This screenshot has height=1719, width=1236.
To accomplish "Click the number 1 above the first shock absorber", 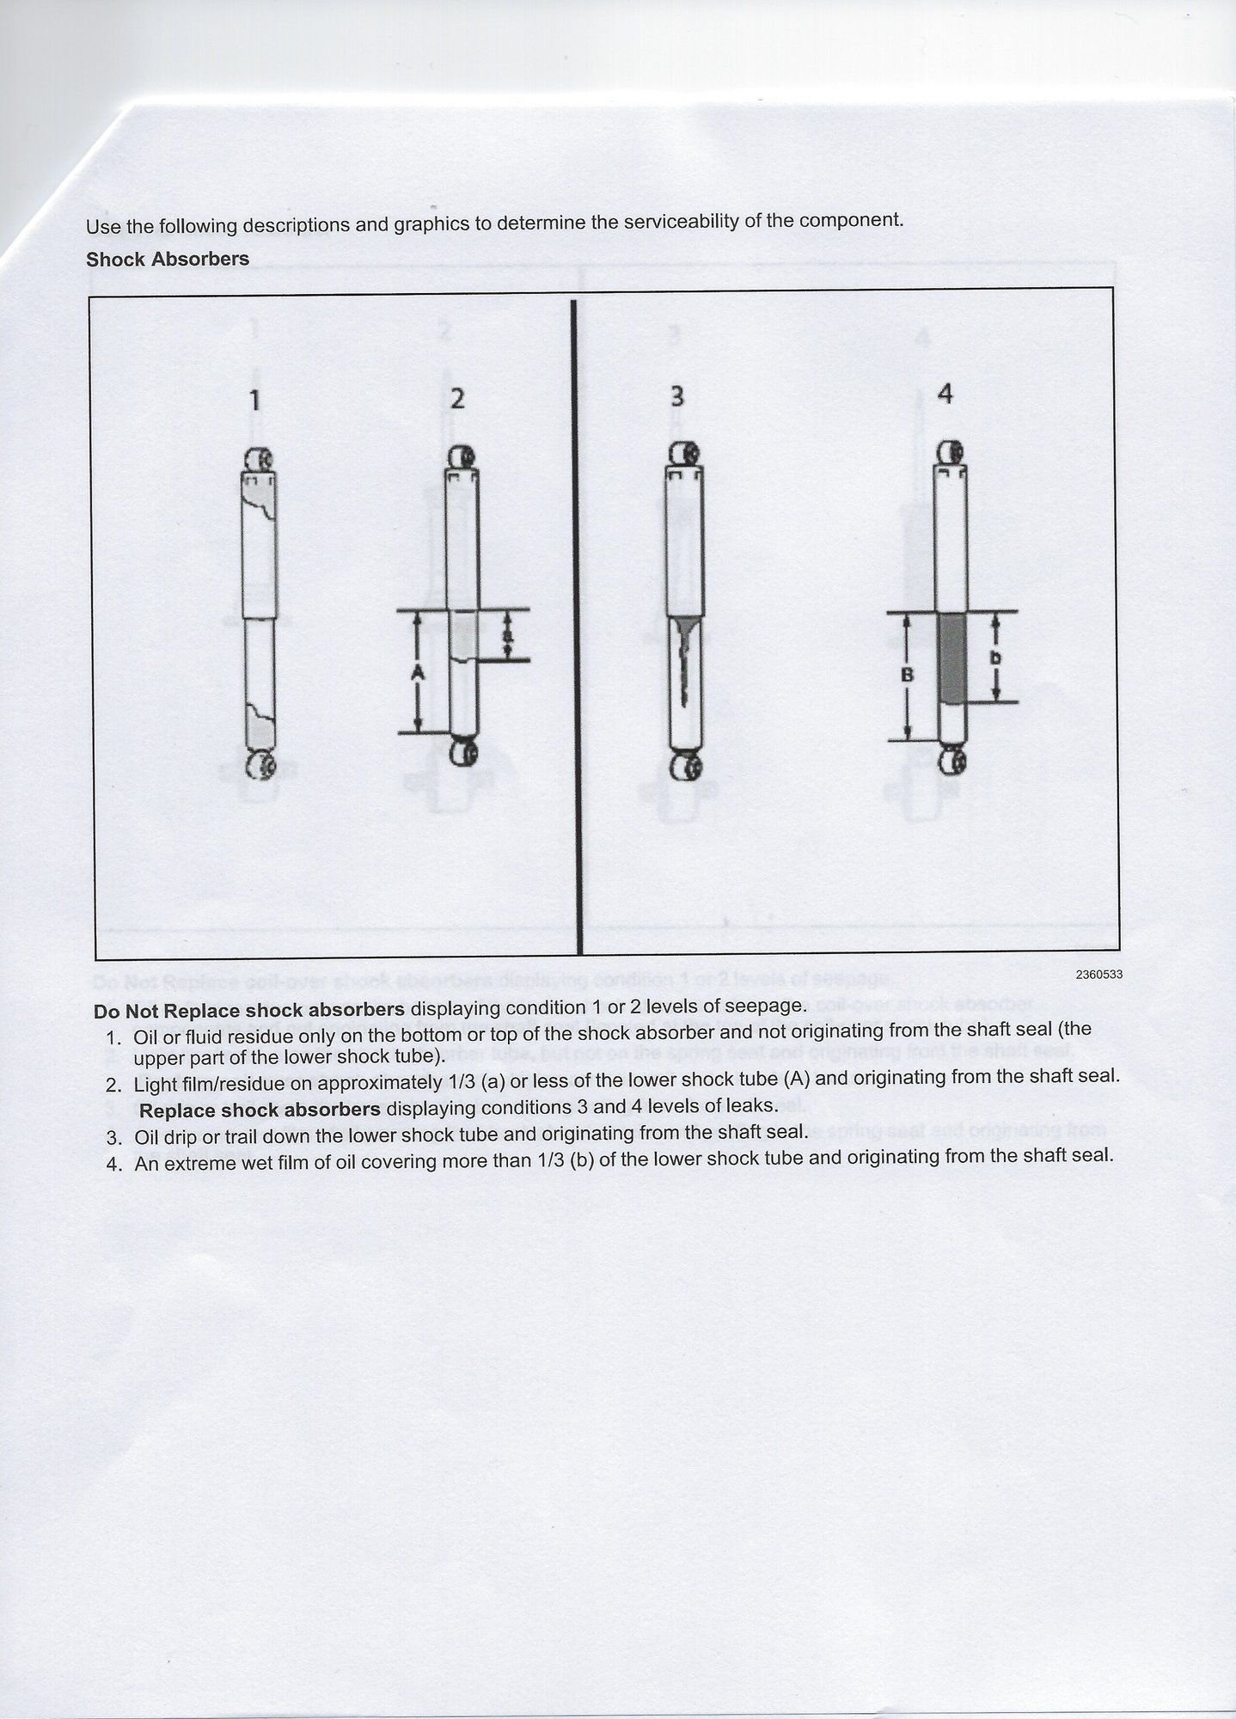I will (254, 401).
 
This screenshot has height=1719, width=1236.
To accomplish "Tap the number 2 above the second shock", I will (457, 399).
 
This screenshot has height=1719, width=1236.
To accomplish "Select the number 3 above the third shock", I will (677, 396).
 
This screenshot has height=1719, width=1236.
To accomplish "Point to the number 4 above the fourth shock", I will (945, 394).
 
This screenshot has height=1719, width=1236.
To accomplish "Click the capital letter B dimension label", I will (907, 676).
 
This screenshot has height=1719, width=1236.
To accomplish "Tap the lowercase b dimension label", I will (995, 658).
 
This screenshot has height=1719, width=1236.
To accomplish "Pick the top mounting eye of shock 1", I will (259, 460).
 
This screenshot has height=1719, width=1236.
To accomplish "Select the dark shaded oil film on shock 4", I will (950, 658).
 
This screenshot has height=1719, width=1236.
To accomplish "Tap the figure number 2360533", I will (1098, 974).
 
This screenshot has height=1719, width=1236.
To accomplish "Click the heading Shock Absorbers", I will (168, 259).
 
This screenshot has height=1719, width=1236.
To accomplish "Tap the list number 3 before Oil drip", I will (114, 1138).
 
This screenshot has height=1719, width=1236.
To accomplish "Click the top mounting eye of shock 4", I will (949, 453).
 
